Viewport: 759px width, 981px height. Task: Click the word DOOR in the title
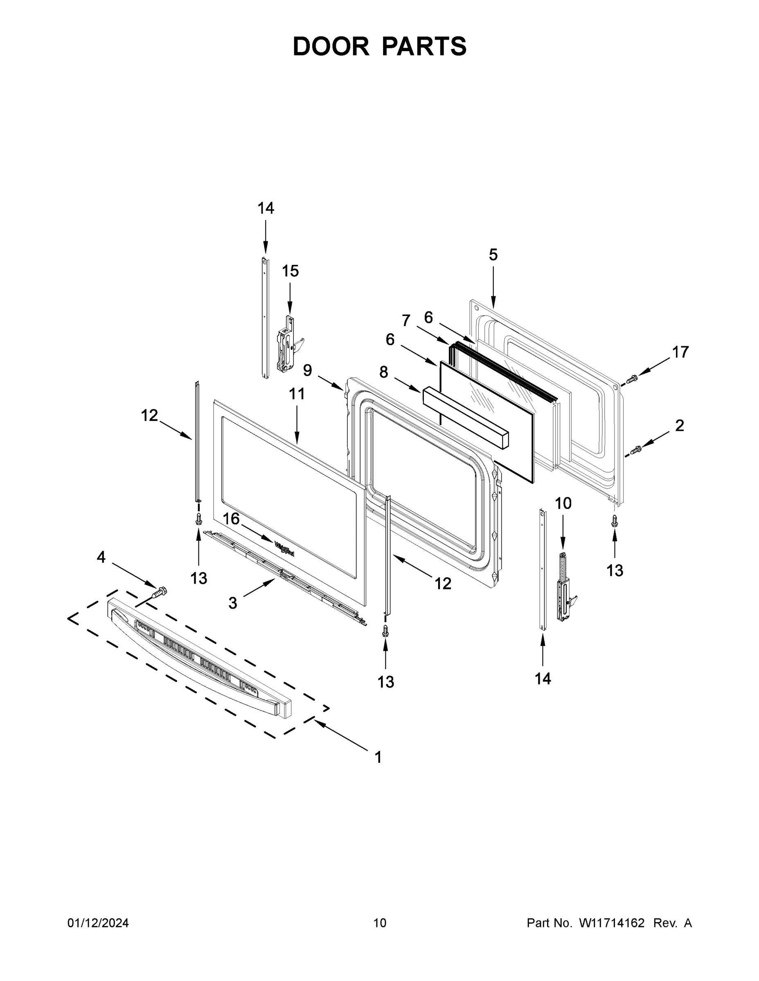331,46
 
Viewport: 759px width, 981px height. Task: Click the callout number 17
680,352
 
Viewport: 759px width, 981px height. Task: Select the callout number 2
679,426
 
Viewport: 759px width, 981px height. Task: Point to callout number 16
231,519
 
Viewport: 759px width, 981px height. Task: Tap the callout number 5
493,255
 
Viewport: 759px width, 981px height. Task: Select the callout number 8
383,372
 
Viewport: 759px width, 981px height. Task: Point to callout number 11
297,394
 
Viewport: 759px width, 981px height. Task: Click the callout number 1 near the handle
378,757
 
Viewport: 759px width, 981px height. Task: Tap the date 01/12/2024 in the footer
98,923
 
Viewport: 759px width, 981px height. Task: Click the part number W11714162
612,923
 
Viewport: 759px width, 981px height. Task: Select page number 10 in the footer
380,923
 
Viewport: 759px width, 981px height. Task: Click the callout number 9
308,370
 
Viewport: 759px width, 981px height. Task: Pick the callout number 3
232,603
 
